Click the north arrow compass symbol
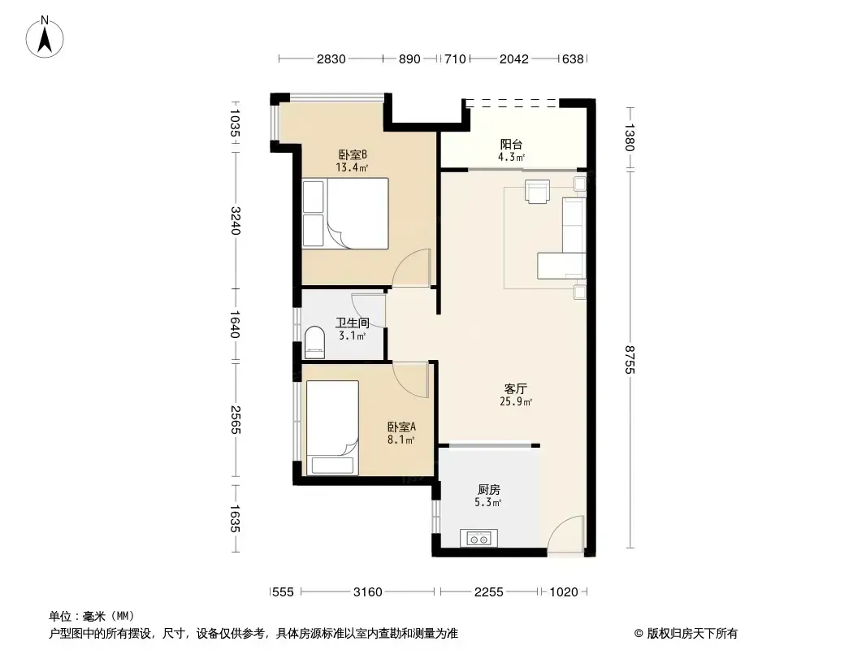click(45, 37)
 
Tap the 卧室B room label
click(353, 154)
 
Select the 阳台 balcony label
click(512, 144)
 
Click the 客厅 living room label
click(516, 389)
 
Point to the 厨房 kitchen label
click(489, 490)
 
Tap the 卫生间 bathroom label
click(353, 323)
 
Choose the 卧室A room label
click(401, 427)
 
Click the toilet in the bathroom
click(315, 339)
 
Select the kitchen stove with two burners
click(478, 537)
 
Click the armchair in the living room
click(537, 191)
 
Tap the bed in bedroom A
click(332, 427)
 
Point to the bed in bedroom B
click(345, 213)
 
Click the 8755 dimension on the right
click(630, 359)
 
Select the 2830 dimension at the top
click(331, 59)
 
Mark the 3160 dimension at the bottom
click(367, 592)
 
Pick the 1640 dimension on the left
click(236, 325)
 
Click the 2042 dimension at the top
click(513, 59)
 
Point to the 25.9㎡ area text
click(516, 401)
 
